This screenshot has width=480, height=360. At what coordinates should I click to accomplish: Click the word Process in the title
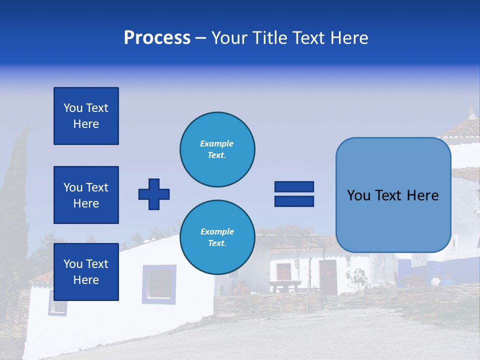(157, 38)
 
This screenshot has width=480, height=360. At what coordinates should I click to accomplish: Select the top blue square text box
(86, 116)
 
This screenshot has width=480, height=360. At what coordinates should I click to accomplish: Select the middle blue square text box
(86, 195)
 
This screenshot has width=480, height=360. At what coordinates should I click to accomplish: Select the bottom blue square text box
(86, 271)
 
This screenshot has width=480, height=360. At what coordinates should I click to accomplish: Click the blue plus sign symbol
(154, 194)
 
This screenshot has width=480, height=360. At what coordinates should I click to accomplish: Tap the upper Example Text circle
(217, 149)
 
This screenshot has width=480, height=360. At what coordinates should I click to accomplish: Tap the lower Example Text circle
(217, 237)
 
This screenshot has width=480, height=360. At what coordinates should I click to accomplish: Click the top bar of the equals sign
(294, 186)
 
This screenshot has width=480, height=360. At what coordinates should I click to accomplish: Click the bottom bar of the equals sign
(294, 201)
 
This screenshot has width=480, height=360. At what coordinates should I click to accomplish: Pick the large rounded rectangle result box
(393, 195)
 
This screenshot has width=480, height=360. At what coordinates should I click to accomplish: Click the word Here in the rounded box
(422, 195)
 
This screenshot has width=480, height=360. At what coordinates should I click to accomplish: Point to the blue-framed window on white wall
(159, 283)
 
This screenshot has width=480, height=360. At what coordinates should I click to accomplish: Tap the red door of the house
(328, 276)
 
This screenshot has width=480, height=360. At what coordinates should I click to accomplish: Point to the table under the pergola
(285, 285)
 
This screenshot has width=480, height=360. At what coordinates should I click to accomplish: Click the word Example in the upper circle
(217, 143)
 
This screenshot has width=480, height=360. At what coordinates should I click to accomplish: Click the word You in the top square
(73, 108)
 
